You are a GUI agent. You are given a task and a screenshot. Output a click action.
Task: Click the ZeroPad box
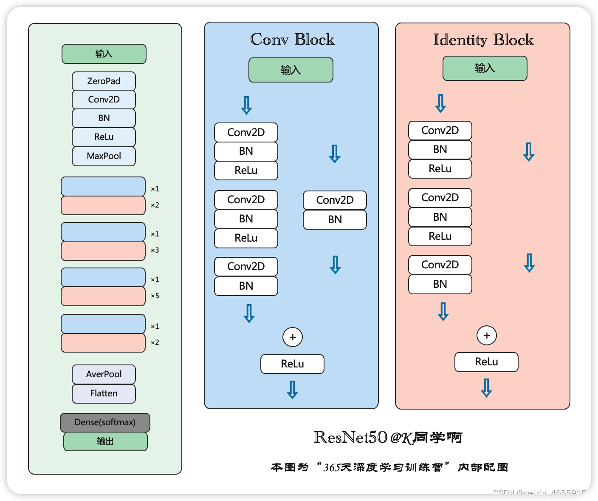coord(104,81)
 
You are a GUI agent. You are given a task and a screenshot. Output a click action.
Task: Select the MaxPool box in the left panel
coord(104,156)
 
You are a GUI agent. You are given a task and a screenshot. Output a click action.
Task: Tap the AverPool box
coord(104,374)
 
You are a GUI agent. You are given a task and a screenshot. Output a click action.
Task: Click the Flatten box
coord(104,393)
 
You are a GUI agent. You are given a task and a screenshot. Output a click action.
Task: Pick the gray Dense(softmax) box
coord(105,422)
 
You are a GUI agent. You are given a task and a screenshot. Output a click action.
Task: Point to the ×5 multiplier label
coord(155,296)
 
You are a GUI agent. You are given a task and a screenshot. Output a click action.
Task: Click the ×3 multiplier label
coord(155,250)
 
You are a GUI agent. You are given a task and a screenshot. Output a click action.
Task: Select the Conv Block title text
coord(292,40)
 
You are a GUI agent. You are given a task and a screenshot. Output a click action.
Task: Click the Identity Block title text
coord(483,40)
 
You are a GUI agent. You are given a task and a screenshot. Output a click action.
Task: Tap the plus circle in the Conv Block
coord(293,337)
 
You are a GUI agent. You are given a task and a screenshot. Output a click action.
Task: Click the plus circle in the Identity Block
coord(487,336)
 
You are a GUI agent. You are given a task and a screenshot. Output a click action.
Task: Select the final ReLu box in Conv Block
coord(292,364)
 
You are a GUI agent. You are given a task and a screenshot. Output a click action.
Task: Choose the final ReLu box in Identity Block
coord(486,362)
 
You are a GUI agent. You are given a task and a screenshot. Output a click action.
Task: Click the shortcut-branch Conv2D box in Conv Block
coord(335,200)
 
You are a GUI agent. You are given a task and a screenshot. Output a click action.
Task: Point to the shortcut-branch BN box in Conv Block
coord(335,219)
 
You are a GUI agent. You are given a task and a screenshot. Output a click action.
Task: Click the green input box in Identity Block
coord(485,68)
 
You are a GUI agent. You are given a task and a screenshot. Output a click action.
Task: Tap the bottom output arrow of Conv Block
coord(292,390)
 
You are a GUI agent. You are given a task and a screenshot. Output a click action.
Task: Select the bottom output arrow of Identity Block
coord(486,388)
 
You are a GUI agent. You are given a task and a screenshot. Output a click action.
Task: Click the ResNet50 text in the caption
coord(351,437)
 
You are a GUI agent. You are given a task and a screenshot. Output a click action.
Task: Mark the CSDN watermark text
coord(542,493)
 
